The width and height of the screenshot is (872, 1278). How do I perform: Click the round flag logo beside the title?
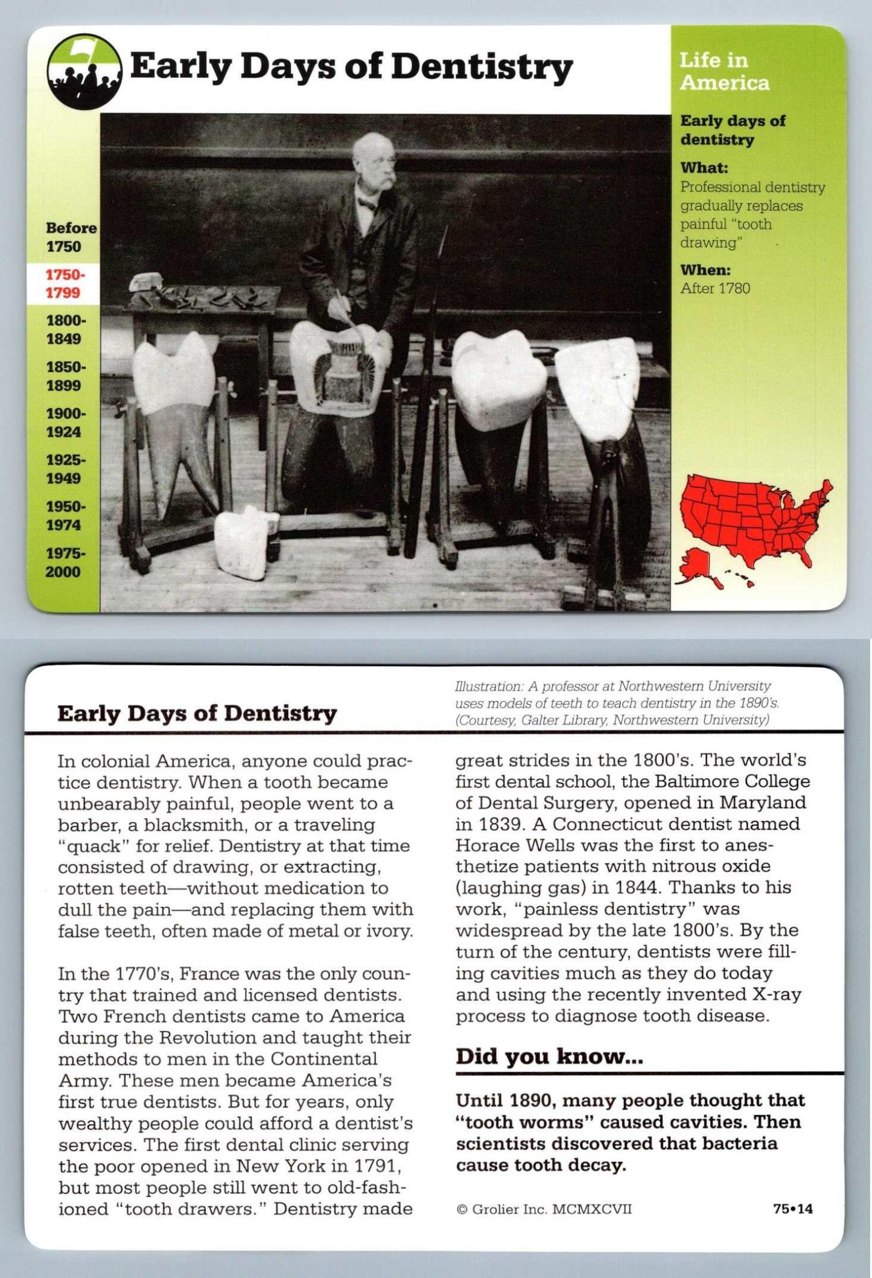84,71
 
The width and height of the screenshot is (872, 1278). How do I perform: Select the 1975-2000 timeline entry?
64,562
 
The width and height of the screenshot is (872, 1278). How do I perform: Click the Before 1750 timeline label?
70,237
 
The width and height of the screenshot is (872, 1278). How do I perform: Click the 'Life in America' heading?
724,71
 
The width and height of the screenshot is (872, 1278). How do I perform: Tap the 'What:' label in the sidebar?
704,167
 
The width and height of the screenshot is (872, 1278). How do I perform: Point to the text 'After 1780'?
715,289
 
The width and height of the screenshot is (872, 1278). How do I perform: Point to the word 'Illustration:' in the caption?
489,686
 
